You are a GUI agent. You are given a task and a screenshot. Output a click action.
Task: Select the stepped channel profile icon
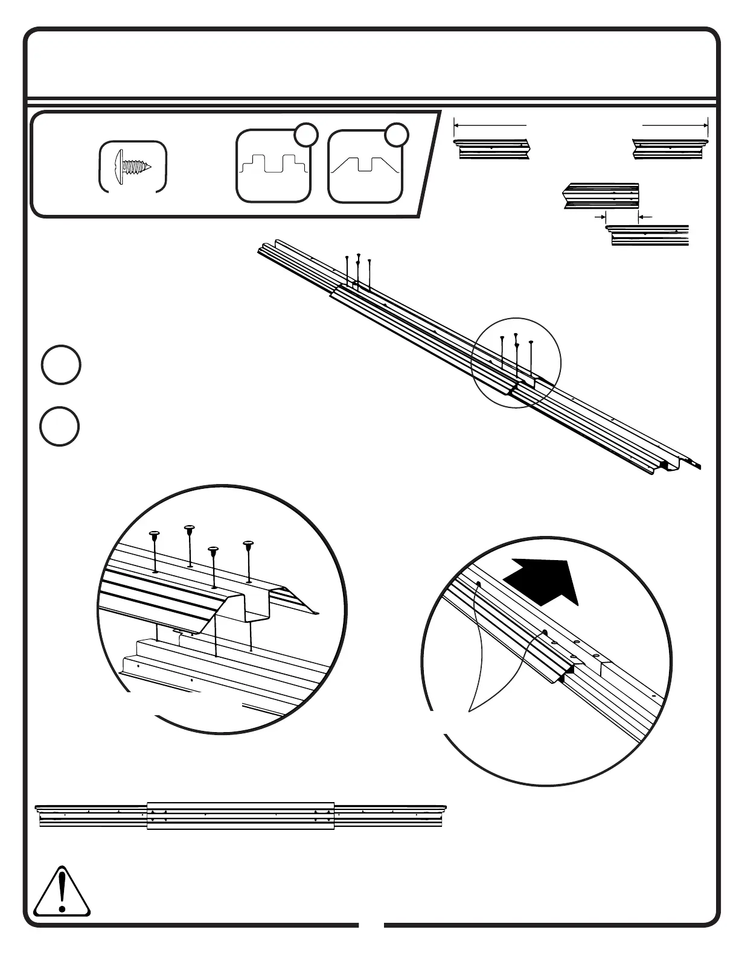(274, 167)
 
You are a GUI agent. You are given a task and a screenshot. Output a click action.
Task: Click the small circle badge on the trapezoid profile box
(397, 134)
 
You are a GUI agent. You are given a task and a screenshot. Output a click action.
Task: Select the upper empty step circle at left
(61, 365)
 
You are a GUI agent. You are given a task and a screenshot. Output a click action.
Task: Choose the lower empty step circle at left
(60, 427)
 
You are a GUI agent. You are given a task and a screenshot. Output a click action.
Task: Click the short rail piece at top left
(491, 148)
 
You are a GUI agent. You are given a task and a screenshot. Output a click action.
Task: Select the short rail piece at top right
(670, 148)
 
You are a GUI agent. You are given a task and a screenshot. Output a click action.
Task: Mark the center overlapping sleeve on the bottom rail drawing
(240, 815)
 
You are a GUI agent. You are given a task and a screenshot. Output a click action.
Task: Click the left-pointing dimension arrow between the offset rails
(645, 215)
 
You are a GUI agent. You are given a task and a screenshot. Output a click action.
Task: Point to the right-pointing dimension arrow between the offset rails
(600, 215)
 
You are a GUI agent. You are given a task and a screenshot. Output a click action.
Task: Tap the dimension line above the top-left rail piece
(490, 126)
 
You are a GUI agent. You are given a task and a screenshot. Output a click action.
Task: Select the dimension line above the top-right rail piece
(675, 126)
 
